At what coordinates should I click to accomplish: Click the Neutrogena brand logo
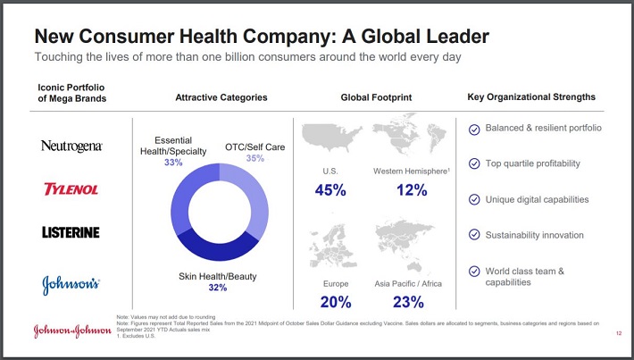pos(71,146)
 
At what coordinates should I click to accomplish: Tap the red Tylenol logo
pos(71,189)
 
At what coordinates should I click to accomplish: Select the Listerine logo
pos(71,232)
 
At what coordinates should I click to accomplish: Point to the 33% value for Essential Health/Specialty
pos(173,163)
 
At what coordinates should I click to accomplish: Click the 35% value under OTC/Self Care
pos(255,158)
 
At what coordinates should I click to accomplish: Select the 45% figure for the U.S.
pos(330,189)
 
